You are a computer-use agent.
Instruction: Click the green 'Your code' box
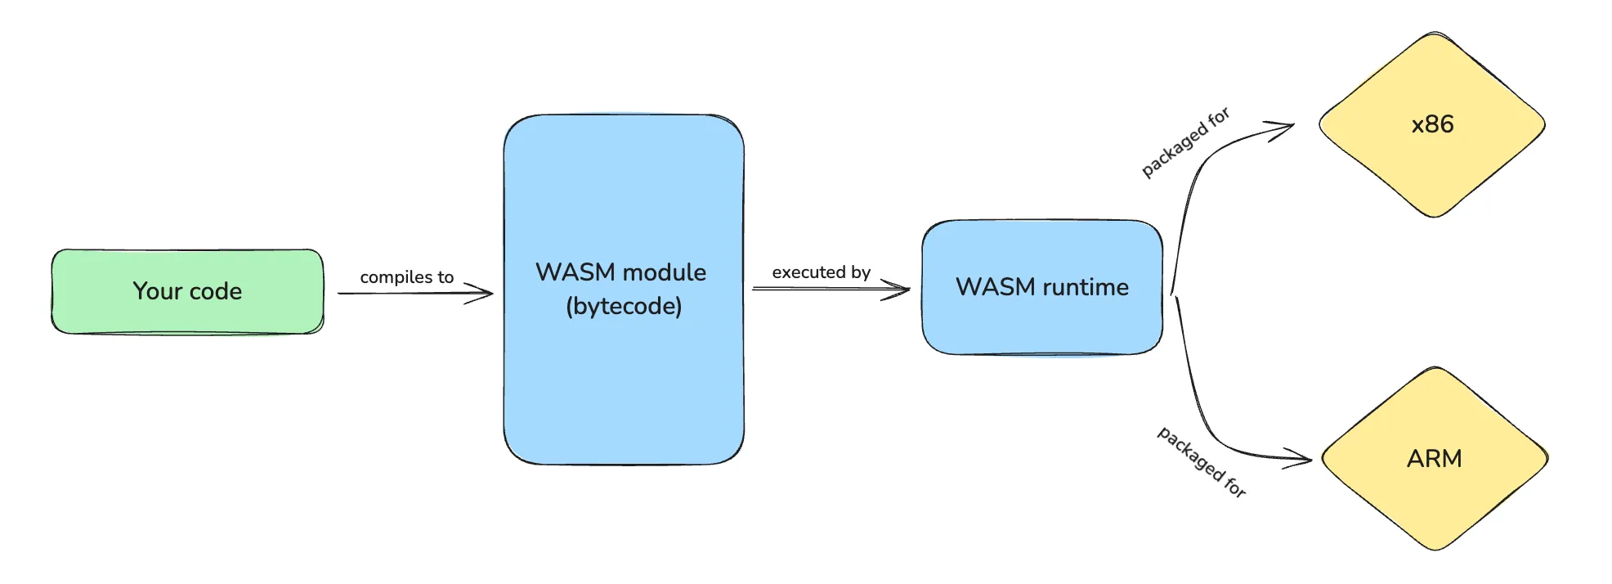[187, 291]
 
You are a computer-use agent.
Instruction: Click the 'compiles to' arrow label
[406, 277]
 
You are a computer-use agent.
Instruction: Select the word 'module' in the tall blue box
[664, 272]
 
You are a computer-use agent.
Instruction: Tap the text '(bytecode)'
[624, 306]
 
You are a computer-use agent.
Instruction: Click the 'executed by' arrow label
[822, 272]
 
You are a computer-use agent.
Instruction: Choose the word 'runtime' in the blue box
[1086, 287]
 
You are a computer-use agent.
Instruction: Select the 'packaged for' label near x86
[1185, 142]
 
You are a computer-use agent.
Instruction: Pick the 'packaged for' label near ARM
[1202, 462]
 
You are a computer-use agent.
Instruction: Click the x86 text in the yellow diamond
[1432, 124]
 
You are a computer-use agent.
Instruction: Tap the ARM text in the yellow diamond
[1434, 459]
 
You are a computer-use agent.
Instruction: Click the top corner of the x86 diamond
[1432, 33]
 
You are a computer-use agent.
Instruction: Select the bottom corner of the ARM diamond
[1435, 550]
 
